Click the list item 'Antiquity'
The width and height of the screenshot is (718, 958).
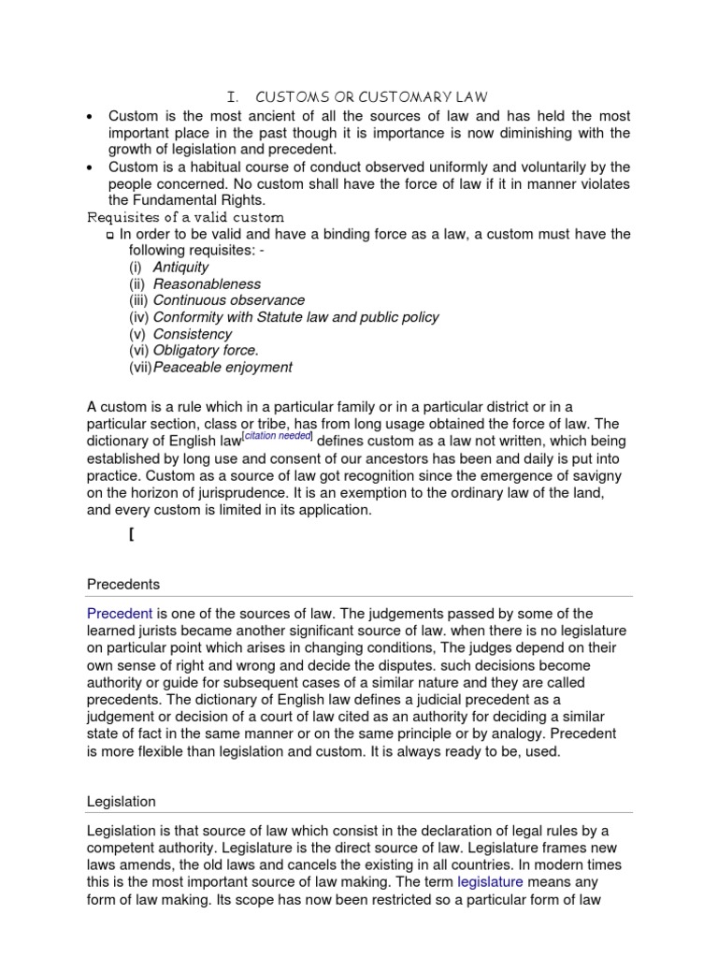pyautogui.click(x=181, y=267)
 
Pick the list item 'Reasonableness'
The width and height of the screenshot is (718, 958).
pyautogui.click(x=207, y=283)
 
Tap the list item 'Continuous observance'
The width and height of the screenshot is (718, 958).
pyautogui.click(x=228, y=300)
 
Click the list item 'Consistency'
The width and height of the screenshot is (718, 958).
pyautogui.click(x=193, y=334)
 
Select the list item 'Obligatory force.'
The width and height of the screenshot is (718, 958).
pyautogui.click(x=207, y=351)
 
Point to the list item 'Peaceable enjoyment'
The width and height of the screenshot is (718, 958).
pyautogui.click(x=223, y=368)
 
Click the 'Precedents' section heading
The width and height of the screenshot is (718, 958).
pyautogui.click(x=123, y=585)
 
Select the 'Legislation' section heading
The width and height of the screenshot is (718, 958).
pyautogui.click(x=122, y=802)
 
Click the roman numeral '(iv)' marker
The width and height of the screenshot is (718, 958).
pyautogui.click(x=139, y=317)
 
